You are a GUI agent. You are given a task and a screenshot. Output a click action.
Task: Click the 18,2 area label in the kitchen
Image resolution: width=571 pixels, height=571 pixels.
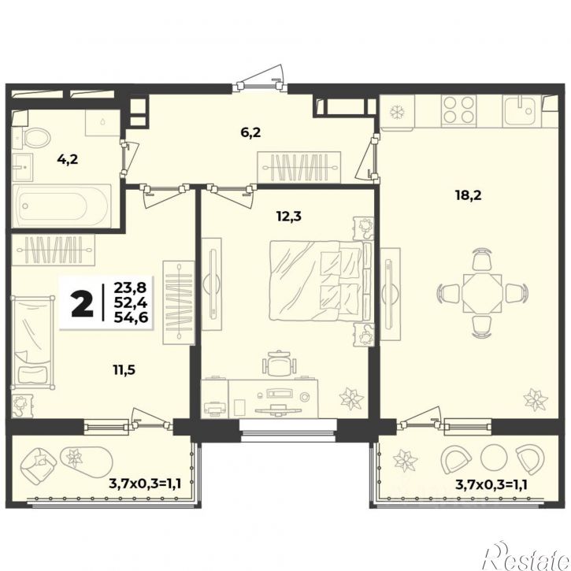pyautogui.click(x=468, y=195)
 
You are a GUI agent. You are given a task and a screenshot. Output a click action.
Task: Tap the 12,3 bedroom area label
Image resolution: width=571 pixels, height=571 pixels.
pyautogui.click(x=289, y=217)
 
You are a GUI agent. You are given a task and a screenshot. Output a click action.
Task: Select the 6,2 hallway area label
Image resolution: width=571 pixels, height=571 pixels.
pyautogui.click(x=250, y=132)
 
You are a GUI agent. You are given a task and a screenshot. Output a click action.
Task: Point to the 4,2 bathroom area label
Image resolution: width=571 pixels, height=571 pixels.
pyautogui.click(x=68, y=159)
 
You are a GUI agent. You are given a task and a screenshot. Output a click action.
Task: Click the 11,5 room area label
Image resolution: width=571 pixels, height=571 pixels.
pyautogui.click(x=124, y=370)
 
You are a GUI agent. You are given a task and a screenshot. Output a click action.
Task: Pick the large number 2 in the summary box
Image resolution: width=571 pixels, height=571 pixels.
pyautogui.click(x=83, y=303)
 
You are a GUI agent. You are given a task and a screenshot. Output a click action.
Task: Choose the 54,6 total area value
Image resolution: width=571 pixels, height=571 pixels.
pyautogui.click(x=131, y=317)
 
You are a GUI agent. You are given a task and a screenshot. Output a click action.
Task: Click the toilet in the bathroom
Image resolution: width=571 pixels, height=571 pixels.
pyautogui.click(x=32, y=138)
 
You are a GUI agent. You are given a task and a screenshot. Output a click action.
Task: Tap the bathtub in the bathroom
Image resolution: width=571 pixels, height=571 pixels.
pyautogui.click(x=61, y=206)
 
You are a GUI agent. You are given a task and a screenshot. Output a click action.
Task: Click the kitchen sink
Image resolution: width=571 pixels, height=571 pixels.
pyautogui.click(x=521, y=111)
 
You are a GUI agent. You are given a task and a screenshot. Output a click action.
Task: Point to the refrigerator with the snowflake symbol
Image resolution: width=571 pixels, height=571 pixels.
pyautogui.click(x=396, y=112)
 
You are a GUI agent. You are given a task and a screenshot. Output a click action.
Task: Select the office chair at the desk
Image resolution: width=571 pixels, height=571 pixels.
pyautogui.click(x=279, y=363)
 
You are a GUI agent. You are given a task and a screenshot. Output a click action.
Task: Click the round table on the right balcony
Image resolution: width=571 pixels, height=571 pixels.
pyautogui.click(x=494, y=457)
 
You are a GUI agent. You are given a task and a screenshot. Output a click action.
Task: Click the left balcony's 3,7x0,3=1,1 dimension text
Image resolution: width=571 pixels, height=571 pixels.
pyautogui.click(x=145, y=484)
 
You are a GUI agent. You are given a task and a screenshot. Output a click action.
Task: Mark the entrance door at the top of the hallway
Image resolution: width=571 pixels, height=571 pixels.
pyautogui.click(x=259, y=86)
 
